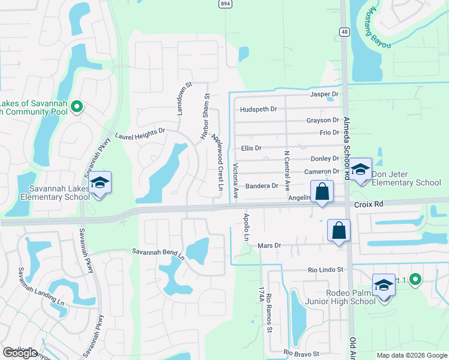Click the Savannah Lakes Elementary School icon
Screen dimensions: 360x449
(100, 183)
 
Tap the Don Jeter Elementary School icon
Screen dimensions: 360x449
(361, 170)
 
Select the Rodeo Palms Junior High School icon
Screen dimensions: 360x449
(384, 286)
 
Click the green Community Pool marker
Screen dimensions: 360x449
(76, 107)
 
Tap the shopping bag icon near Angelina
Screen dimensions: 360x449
(322, 192)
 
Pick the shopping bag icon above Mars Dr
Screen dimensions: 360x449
(339, 230)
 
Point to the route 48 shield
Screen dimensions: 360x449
(344, 32)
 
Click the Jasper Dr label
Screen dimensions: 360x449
(324, 95)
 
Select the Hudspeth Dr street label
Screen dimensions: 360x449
(258, 109)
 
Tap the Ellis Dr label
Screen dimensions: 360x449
(251, 148)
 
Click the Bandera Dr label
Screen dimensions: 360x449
(262, 186)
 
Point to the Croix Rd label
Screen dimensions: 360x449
(369, 204)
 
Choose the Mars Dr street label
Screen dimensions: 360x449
(269, 245)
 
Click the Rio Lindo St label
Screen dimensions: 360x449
(325, 270)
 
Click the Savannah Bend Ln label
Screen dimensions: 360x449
(158, 254)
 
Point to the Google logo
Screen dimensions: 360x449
(20, 353)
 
